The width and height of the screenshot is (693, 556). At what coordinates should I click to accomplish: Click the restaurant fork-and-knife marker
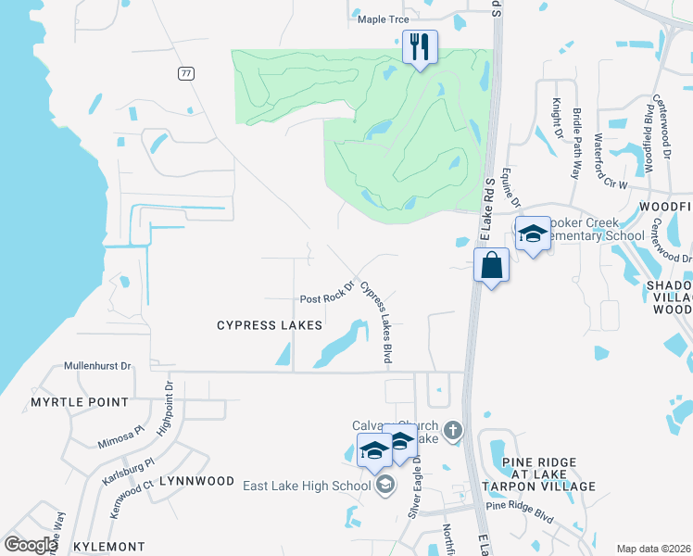pos(420,46)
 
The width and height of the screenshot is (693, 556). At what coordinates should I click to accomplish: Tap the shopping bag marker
pos(491,266)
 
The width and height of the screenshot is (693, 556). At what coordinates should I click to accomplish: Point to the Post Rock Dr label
pos(327,298)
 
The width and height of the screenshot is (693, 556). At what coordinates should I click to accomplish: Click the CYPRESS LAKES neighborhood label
pos(270,325)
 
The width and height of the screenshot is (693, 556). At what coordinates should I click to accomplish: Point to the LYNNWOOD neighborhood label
pos(196,481)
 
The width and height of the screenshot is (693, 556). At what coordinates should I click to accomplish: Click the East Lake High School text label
pos(307,486)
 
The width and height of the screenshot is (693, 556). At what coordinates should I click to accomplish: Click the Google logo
pos(31,545)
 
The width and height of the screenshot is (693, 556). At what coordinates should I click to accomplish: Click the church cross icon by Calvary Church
pos(452,430)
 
